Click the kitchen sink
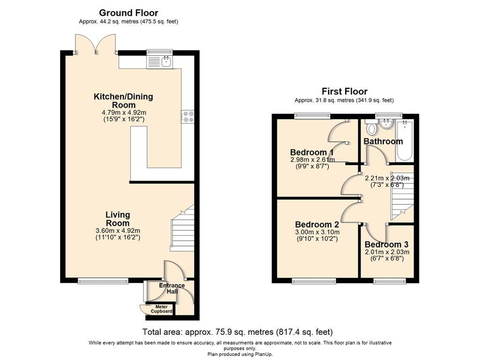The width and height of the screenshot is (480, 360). tap(166, 62)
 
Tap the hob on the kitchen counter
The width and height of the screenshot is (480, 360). tap(187, 116)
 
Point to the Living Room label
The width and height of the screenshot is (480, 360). tap(118, 219)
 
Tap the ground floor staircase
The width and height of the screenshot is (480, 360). tap(183, 227)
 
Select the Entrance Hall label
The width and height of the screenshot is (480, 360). tap(172, 289)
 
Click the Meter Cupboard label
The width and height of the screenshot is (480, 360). tap(161, 309)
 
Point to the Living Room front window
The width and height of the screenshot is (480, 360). tap(103, 281)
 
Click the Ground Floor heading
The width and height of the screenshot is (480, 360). tap(129, 13)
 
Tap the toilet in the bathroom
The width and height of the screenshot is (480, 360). tap(371, 128)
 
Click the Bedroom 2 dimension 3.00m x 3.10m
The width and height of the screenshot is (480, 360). tap(317, 235)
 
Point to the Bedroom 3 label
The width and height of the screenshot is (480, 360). tap(387, 245)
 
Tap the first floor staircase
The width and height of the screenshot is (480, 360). tap(401, 196)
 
